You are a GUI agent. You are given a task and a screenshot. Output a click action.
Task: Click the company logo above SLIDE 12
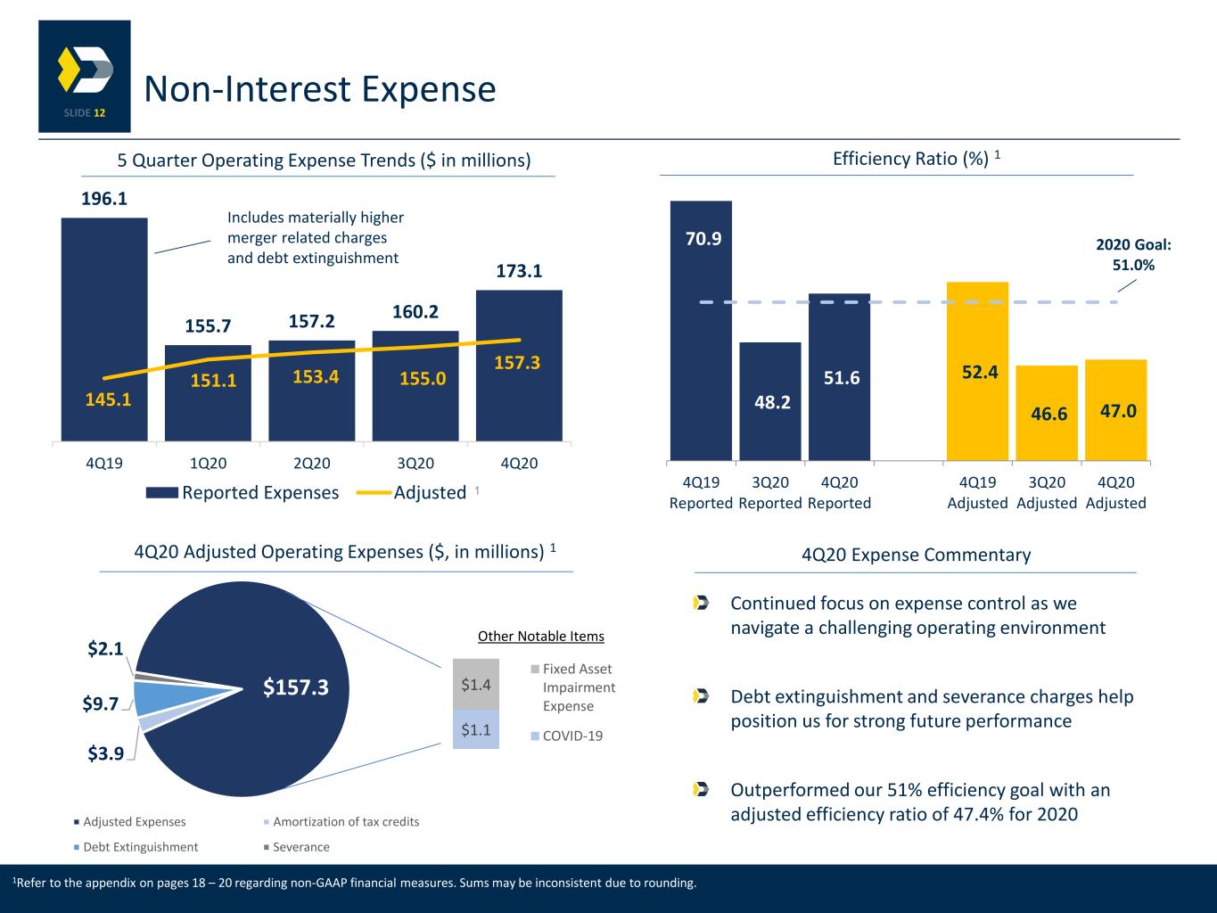(86, 70)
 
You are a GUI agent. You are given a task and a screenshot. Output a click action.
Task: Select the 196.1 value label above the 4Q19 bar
(104, 199)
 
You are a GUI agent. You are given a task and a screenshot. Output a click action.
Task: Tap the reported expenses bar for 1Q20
(208, 393)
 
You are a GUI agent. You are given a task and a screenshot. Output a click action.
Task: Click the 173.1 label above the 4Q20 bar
(519, 271)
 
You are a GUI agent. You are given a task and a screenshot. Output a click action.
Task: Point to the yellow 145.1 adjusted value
(108, 399)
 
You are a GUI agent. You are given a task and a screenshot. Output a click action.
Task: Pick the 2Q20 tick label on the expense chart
(311, 463)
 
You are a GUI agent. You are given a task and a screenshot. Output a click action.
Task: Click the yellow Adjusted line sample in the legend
(374, 492)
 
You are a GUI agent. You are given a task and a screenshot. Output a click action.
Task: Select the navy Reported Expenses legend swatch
(162, 492)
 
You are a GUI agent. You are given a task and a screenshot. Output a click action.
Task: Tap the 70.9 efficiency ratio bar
(701, 331)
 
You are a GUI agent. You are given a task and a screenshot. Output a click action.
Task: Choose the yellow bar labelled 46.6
(1047, 413)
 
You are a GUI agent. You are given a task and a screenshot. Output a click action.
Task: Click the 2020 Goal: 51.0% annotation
(1133, 254)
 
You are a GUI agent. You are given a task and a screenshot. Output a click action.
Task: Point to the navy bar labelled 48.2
(770, 401)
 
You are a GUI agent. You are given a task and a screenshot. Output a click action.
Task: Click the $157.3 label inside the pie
(295, 687)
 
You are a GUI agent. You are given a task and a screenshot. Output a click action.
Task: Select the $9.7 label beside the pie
(101, 703)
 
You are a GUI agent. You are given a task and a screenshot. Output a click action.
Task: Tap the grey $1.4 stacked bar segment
(476, 685)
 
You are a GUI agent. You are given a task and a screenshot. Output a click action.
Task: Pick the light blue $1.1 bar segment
(476, 729)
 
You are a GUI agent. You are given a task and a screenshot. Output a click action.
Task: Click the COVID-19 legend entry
(567, 736)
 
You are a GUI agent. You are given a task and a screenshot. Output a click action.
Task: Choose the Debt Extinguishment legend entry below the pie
(136, 847)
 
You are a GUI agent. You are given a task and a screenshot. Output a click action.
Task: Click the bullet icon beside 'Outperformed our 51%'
(701, 789)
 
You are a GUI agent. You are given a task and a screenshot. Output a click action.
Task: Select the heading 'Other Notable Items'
(541, 637)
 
